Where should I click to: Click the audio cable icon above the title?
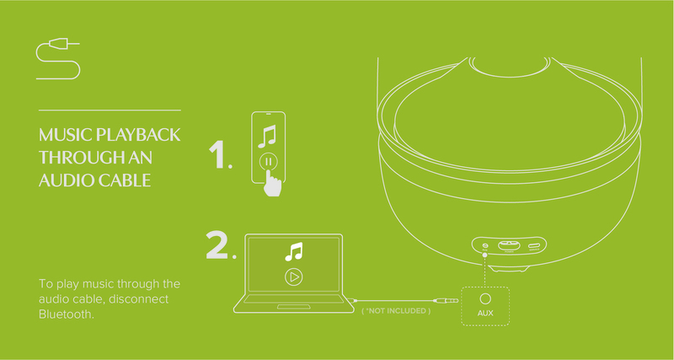(58, 58)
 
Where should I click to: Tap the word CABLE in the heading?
(125, 180)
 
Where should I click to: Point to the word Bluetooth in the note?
(66, 314)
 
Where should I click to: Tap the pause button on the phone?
(269, 162)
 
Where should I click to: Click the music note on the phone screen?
(267, 137)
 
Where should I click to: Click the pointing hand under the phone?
(271, 183)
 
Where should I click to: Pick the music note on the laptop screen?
(293, 252)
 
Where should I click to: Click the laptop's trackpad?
(294, 307)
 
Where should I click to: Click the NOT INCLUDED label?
(396, 310)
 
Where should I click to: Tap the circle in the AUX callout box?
(485, 298)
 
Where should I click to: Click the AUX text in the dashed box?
(485, 313)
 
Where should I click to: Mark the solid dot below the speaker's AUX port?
(485, 255)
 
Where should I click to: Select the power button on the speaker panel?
(509, 245)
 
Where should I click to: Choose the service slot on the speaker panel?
(534, 246)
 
